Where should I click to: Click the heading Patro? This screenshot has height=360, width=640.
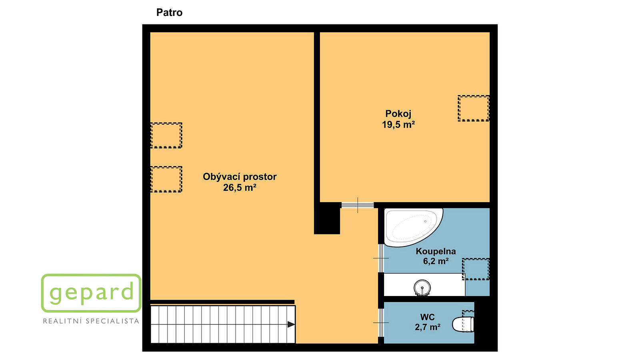click(x=169, y=12)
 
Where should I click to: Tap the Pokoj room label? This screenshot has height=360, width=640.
click(x=398, y=114)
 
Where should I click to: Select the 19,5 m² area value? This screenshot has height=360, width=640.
click(x=398, y=124)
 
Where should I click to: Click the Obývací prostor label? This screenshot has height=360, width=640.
click(x=240, y=177)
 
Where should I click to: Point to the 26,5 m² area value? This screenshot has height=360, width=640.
click(x=240, y=188)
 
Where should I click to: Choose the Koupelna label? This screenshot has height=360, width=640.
click(x=436, y=252)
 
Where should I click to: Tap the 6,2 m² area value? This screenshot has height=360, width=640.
click(x=436, y=261)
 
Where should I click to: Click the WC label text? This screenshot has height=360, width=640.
click(x=428, y=317)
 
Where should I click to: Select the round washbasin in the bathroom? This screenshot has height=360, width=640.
click(x=422, y=288)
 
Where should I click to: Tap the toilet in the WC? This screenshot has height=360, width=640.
click(x=463, y=324)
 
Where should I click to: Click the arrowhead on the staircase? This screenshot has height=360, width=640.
click(x=291, y=324)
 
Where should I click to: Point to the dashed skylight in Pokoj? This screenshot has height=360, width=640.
click(x=474, y=108)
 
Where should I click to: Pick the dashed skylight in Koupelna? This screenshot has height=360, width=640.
click(x=476, y=269)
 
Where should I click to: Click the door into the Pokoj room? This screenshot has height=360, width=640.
click(x=358, y=205)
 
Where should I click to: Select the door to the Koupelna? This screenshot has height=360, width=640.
click(x=381, y=258)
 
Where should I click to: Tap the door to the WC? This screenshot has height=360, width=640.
click(x=381, y=322)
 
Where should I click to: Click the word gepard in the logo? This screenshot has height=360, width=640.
click(x=92, y=292)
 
